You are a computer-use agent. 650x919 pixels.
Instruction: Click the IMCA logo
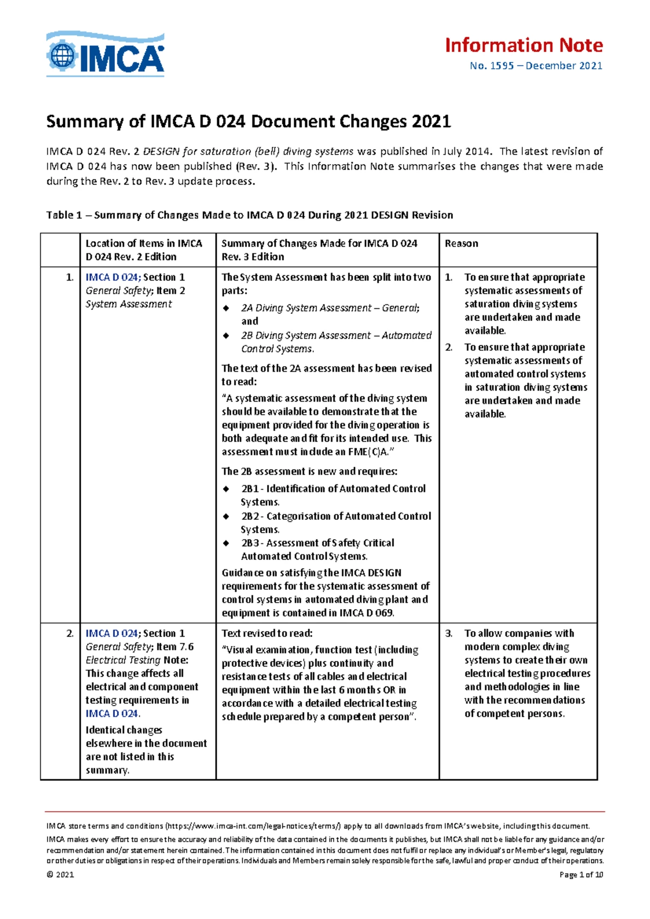(106, 54)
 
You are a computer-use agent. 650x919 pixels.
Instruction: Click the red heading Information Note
(523, 45)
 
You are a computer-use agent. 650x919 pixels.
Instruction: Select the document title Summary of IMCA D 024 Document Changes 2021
(249, 121)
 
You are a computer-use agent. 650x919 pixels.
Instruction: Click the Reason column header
(461, 244)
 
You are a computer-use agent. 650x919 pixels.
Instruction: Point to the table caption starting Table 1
(249, 215)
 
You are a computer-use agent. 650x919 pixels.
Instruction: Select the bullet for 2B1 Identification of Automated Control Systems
(226, 489)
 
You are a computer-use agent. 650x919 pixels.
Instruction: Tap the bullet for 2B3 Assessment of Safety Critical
(226, 543)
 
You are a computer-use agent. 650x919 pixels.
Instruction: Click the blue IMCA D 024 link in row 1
(112, 277)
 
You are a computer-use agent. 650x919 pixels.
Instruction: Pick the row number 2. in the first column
(70, 633)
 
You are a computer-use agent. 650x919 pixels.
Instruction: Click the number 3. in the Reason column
(448, 633)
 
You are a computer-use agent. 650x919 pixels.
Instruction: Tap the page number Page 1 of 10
(581, 875)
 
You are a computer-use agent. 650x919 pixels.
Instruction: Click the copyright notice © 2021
(60, 875)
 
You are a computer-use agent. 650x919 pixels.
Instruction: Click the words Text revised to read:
(267, 633)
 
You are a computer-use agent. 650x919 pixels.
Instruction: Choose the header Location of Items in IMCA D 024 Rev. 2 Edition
(144, 250)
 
